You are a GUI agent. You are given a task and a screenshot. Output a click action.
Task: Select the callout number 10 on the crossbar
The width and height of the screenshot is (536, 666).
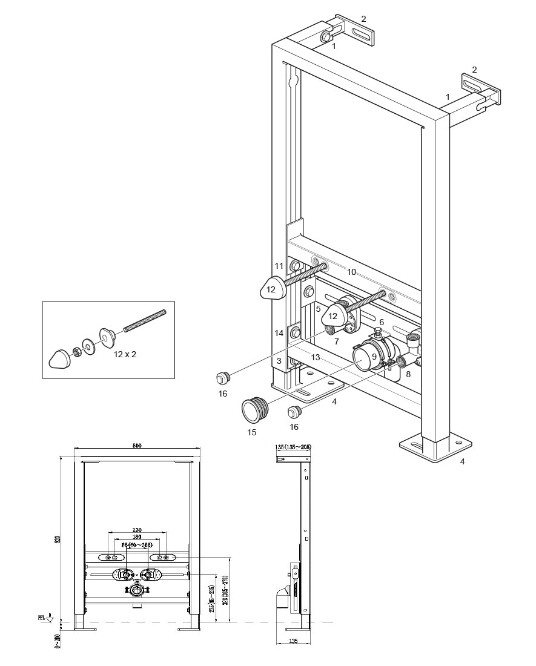pos(352,272)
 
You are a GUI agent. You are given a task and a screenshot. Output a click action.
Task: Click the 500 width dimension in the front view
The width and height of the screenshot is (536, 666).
pos(137,446)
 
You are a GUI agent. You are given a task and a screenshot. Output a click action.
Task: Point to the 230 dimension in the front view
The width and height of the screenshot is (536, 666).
pos(137,530)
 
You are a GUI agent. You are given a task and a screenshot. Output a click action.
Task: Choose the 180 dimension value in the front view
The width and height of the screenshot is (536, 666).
pos(137,537)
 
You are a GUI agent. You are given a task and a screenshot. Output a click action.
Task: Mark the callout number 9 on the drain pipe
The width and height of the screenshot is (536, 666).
pos(374,357)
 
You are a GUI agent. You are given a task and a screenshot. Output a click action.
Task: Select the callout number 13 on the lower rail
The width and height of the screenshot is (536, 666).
pos(316,357)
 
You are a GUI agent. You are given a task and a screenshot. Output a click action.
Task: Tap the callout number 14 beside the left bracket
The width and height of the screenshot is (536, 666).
pos(279,333)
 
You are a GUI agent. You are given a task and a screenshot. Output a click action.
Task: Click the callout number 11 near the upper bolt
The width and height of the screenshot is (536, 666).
pos(279,265)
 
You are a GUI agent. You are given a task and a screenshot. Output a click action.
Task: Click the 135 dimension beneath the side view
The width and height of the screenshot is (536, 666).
pos(293,641)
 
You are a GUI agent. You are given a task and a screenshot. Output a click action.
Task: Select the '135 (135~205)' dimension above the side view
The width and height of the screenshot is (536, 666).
pos(293,447)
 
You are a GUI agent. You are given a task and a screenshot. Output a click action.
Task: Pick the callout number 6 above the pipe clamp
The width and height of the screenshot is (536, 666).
pos(382,321)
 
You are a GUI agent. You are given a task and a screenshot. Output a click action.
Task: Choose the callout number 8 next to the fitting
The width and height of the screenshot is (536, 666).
pos(408,374)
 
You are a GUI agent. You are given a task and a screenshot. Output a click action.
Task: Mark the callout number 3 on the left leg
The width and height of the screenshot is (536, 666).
pos(279,361)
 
